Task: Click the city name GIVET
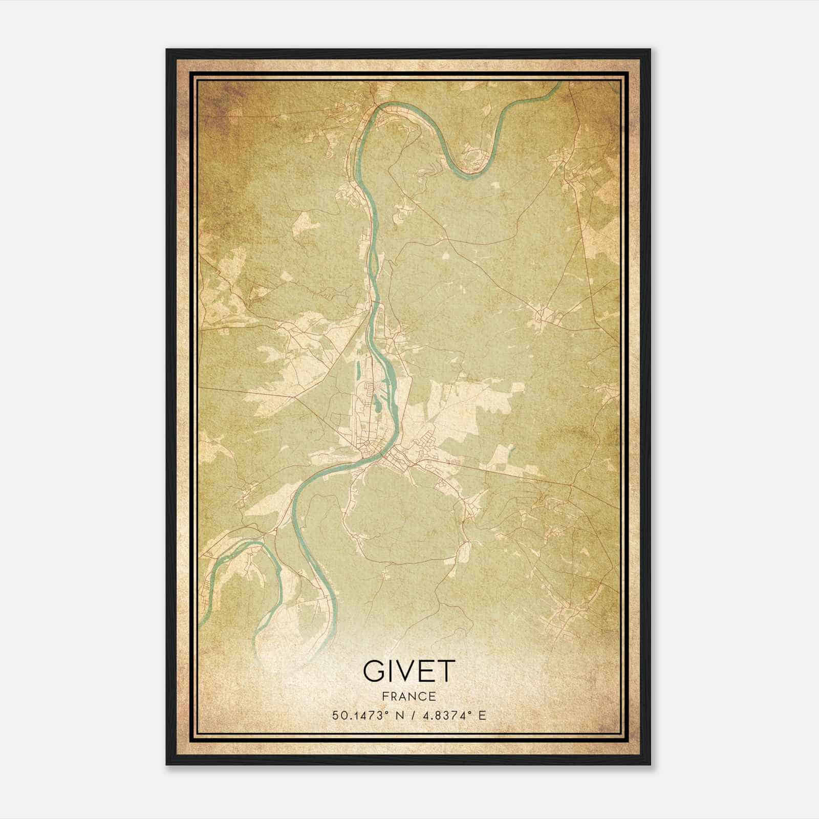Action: (408, 671)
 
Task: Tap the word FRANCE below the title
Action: (408, 696)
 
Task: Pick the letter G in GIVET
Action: (374, 671)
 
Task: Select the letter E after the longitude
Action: (482, 715)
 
